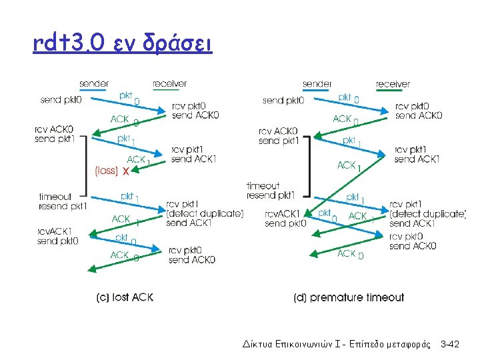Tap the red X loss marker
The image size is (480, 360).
(126, 171)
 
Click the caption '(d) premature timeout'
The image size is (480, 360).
(349, 297)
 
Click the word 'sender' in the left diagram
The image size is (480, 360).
(94, 84)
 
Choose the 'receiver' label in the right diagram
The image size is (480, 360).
(393, 84)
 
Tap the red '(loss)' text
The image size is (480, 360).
(107, 171)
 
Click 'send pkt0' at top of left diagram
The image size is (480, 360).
(61, 100)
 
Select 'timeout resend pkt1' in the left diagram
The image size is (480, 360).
(63, 201)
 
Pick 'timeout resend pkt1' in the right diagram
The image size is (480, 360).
(270, 191)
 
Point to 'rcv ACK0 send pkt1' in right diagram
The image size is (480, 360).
(278, 136)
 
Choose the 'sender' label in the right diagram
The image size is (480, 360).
(317, 84)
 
